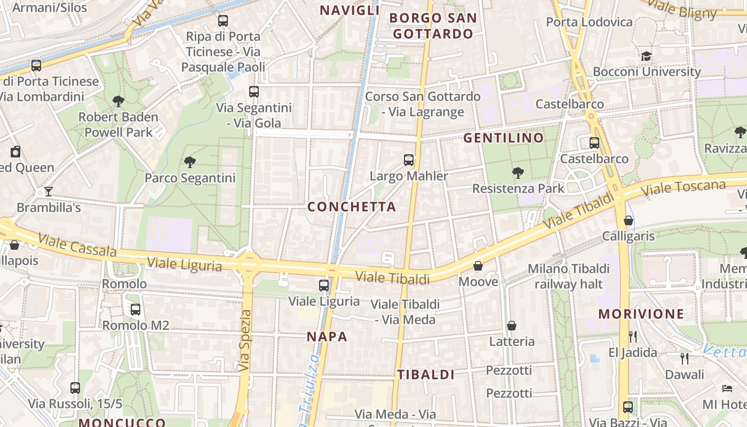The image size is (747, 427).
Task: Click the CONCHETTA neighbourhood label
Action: pyautogui.click(x=352, y=207)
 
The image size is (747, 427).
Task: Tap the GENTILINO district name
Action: pyautogui.click(x=503, y=138)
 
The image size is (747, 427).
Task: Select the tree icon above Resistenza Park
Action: pyautogui.click(x=517, y=172)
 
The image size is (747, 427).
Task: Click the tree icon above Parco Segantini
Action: pyautogui.click(x=189, y=162)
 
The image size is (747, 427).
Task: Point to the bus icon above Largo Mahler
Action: pyautogui.click(x=409, y=160)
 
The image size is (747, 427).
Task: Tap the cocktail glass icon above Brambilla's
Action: pyautogui.click(x=49, y=191)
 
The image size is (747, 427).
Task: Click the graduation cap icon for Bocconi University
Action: pyautogui.click(x=646, y=56)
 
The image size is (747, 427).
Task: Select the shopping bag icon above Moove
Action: pyautogui.click(x=478, y=266)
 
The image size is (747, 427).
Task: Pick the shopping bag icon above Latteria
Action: pyautogui.click(x=512, y=326)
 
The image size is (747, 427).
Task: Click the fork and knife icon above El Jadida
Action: pyautogui.click(x=633, y=336)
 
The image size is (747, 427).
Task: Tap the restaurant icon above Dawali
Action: pyautogui.click(x=685, y=358)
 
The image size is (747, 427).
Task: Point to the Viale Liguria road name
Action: pyautogui.click(x=185, y=264)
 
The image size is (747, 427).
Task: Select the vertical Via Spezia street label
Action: pyautogui.click(x=245, y=341)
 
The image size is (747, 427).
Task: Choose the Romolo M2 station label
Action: pyautogui.click(x=136, y=326)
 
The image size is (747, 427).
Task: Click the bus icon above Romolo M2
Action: pyautogui.click(x=136, y=309)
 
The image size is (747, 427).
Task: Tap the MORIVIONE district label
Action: pyautogui.click(x=641, y=314)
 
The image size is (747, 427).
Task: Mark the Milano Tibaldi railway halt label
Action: pyautogui.click(x=568, y=276)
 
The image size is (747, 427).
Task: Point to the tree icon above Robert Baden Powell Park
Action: pyautogui.click(x=118, y=101)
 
